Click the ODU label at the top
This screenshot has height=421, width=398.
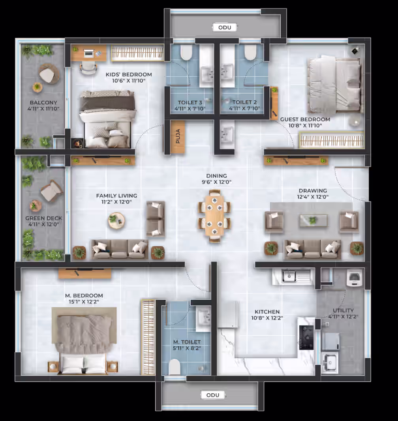click(x=225, y=27)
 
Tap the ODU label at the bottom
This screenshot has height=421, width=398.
click(x=213, y=395)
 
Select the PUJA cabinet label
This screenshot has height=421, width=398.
click(x=178, y=136)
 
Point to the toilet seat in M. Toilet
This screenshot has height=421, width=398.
click(x=175, y=367)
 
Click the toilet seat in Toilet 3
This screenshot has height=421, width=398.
click(x=186, y=53)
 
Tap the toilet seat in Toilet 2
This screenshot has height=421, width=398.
click(x=250, y=53)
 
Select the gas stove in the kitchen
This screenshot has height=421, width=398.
click(x=306, y=338)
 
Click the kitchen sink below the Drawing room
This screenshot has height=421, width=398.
click(x=293, y=276)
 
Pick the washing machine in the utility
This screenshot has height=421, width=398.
click(x=354, y=278)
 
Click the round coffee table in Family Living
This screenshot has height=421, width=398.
click(x=116, y=221)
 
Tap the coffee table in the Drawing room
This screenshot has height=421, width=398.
click(x=313, y=220)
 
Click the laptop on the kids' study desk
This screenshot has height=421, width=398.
click(x=88, y=54)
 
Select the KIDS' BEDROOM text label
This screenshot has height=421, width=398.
click(x=129, y=74)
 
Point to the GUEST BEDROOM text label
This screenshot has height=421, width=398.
click(x=305, y=119)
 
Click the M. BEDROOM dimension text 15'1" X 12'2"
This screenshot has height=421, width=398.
click(x=84, y=302)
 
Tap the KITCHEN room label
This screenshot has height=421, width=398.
click(x=267, y=312)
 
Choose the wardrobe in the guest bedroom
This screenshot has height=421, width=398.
click(x=332, y=140)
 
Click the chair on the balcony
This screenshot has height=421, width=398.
click(x=48, y=74)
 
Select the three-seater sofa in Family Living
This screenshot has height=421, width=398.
click(x=119, y=250)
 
